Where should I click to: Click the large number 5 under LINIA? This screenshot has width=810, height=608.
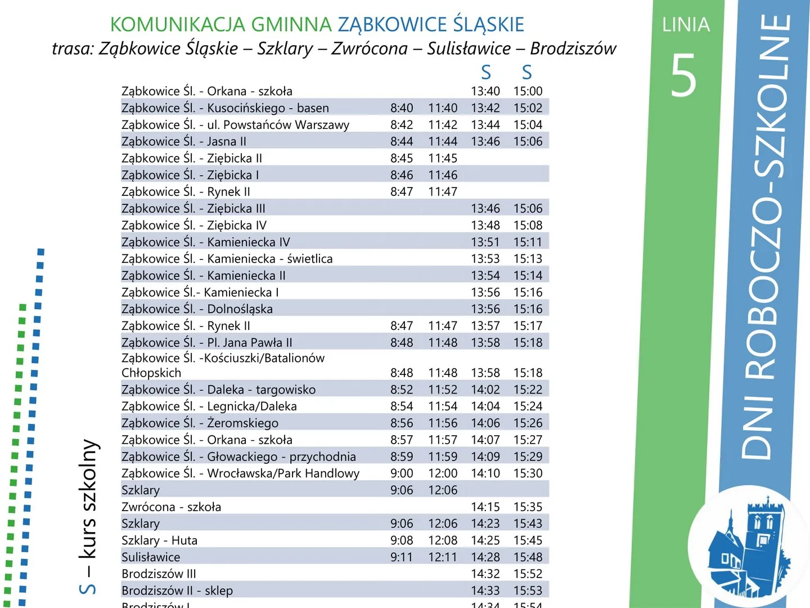(684, 75)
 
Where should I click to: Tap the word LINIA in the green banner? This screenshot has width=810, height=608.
(686, 25)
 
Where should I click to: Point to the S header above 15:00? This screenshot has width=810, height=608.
(526, 72)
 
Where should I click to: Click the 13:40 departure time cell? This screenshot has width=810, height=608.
(485, 91)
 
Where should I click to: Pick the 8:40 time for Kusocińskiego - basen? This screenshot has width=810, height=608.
(402, 108)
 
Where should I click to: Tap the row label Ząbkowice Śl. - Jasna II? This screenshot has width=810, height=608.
(184, 141)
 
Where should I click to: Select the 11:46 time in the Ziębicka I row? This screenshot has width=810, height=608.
(443, 175)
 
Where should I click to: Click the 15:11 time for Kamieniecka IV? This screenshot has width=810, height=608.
(528, 242)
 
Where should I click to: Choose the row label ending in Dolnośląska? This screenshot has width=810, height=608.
(197, 309)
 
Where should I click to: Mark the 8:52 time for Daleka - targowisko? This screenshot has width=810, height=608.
(402, 390)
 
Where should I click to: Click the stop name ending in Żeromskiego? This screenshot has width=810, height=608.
(200, 423)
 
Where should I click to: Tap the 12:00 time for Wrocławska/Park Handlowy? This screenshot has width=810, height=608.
(443, 473)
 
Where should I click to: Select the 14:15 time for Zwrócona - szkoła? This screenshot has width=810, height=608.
(485, 507)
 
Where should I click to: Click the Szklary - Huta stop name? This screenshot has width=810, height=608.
(159, 540)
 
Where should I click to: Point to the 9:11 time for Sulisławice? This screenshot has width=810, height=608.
(402, 557)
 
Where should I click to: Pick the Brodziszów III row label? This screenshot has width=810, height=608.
(159, 574)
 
